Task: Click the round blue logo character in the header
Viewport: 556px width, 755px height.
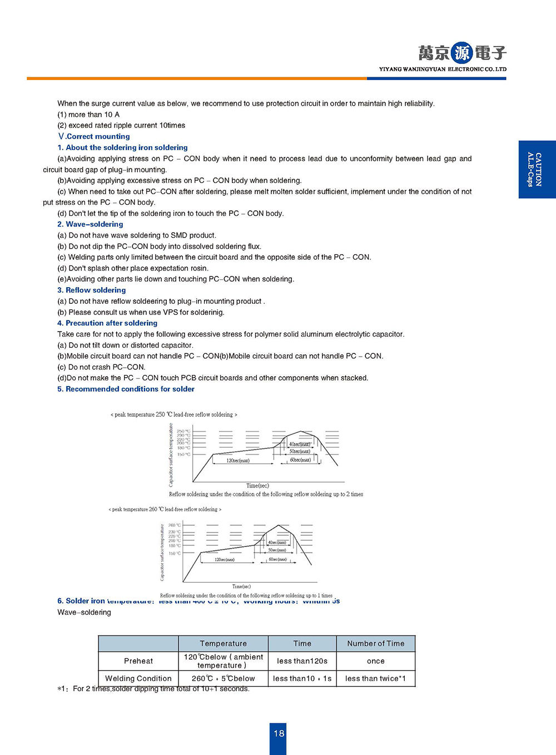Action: [x=461, y=53]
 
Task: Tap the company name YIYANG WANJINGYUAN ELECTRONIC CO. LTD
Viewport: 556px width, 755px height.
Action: [x=443, y=70]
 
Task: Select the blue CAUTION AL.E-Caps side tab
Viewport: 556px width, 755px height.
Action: [x=537, y=169]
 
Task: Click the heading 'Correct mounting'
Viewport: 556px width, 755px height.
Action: [x=94, y=136]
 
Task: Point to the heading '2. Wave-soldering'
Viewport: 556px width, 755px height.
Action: [x=90, y=224]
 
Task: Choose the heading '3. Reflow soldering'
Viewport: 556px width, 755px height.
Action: [x=91, y=290]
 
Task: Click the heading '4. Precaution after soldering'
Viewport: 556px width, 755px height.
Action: [x=107, y=323]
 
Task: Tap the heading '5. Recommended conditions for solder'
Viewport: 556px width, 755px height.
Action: [x=126, y=389]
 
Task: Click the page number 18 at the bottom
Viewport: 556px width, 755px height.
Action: [x=279, y=733]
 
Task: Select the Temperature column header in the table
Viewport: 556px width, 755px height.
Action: [x=223, y=644]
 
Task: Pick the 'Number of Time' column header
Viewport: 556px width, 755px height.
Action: [x=375, y=644]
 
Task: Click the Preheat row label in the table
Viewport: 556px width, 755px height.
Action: [x=138, y=661]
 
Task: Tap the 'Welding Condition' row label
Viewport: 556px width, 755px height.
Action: [x=138, y=679]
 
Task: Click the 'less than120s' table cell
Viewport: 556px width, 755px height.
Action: [x=302, y=661]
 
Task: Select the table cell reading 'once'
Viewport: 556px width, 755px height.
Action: [x=375, y=661]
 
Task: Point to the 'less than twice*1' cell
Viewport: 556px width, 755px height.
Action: [x=375, y=679]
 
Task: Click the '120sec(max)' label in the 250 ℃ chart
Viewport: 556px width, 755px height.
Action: [x=238, y=461]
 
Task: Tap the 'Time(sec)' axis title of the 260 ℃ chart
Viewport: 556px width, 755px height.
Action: [x=241, y=586]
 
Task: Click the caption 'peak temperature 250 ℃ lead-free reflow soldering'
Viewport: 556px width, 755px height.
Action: [x=173, y=414]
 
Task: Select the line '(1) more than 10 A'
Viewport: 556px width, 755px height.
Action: [x=88, y=115]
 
